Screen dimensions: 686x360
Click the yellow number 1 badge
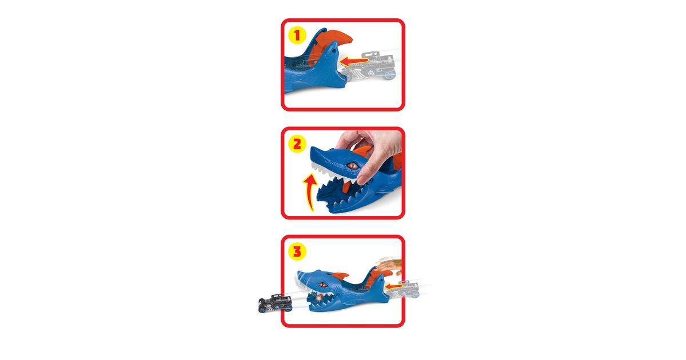point(297,35)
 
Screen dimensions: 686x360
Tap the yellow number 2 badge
point(297,144)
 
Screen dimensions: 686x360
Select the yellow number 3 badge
point(297,251)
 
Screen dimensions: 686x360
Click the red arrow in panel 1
point(354,61)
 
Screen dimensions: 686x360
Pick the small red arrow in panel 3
point(393,287)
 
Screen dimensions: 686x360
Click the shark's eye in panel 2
point(352,166)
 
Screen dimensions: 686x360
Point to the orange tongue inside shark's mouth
point(346,187)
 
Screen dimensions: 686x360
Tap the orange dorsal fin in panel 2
point(363,150)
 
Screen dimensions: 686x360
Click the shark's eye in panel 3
point(322,285)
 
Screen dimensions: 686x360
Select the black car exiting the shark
point(275,303)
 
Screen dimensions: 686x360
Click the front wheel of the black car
point(262,309)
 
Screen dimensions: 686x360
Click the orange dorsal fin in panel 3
point(340,276)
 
